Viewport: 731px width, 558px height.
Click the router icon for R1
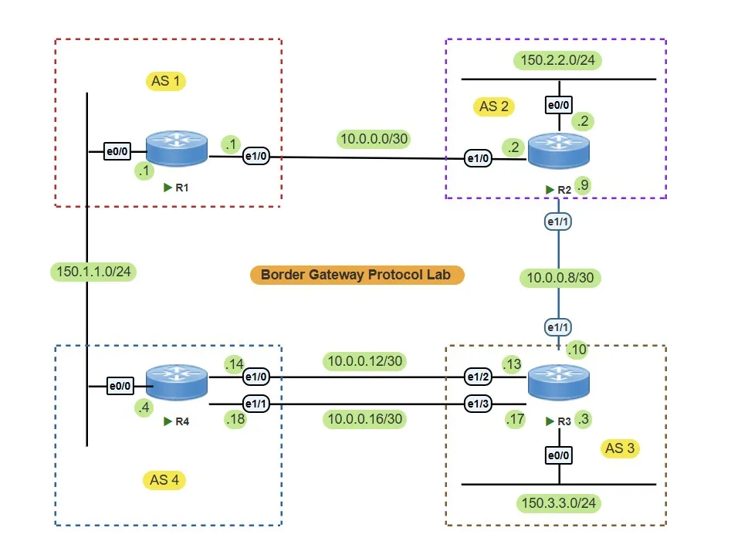177,149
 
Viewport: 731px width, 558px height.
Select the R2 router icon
558,151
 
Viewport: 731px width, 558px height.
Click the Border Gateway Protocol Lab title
357,275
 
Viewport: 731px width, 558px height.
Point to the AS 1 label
165,80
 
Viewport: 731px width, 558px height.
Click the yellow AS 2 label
494,107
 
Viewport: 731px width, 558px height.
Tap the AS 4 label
164,480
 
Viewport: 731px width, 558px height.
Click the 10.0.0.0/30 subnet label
374,139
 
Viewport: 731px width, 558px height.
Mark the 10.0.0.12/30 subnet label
366,360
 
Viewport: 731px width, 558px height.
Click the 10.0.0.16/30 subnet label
366,419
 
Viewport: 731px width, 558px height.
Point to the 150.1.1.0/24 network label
91,272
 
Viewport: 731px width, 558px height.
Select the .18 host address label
234,419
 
